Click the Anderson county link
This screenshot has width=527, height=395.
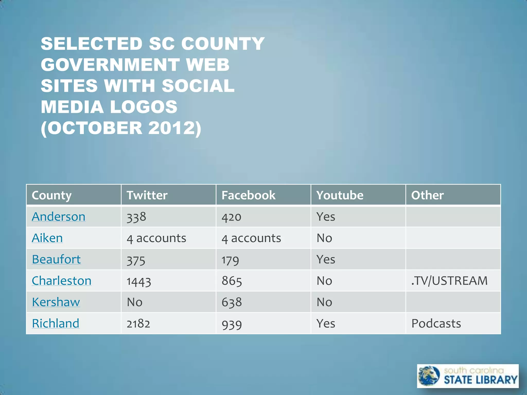click(58, 217)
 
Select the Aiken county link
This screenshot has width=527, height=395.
click(47, 238)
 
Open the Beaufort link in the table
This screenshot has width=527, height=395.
click(56, 259)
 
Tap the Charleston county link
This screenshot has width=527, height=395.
click(62, 281)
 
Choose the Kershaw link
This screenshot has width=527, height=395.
click(56, 302)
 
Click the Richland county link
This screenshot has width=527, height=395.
click(55, 323)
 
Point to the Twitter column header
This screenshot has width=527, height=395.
click(147, 195)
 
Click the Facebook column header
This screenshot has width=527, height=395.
click(248, 195)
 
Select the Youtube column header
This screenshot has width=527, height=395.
click(340, 195)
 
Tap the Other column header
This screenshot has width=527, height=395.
click(427, 195)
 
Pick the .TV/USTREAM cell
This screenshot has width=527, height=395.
click(449, 281)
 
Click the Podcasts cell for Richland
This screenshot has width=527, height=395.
click(436, 324)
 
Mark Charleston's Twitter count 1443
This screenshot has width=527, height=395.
click(139, 281)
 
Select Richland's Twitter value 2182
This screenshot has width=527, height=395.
click(138, 324)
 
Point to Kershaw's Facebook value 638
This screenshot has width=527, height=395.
click(232, 302)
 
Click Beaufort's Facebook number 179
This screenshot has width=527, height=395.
click(230, 260)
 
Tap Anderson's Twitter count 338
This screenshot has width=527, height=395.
click(136, 217)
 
